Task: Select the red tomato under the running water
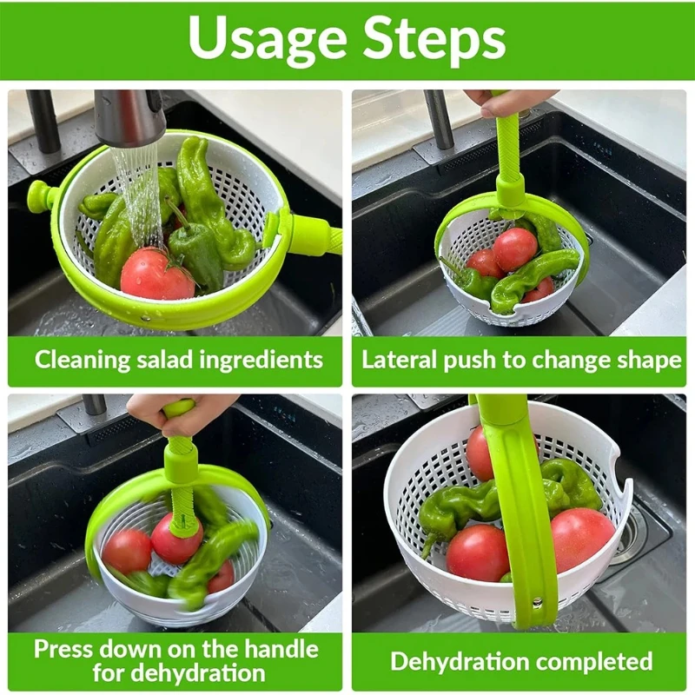(156, 275)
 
